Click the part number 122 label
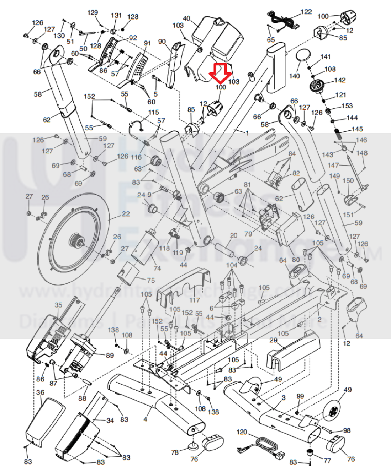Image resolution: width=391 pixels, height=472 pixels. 306,12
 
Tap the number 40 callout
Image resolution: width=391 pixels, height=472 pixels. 186,18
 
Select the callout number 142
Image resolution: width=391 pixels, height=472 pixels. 340,80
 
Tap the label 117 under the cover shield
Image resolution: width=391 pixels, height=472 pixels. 194,300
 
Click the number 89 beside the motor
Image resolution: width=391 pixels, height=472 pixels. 110,356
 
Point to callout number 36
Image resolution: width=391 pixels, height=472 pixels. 40,392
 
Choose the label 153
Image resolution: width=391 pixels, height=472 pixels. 347,106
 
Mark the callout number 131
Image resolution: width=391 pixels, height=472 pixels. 116,16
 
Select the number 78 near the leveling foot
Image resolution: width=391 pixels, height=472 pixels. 175,452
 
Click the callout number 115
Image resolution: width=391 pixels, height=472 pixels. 154,112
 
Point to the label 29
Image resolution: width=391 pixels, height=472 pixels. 273,340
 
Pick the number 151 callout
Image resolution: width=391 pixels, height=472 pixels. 348,215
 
